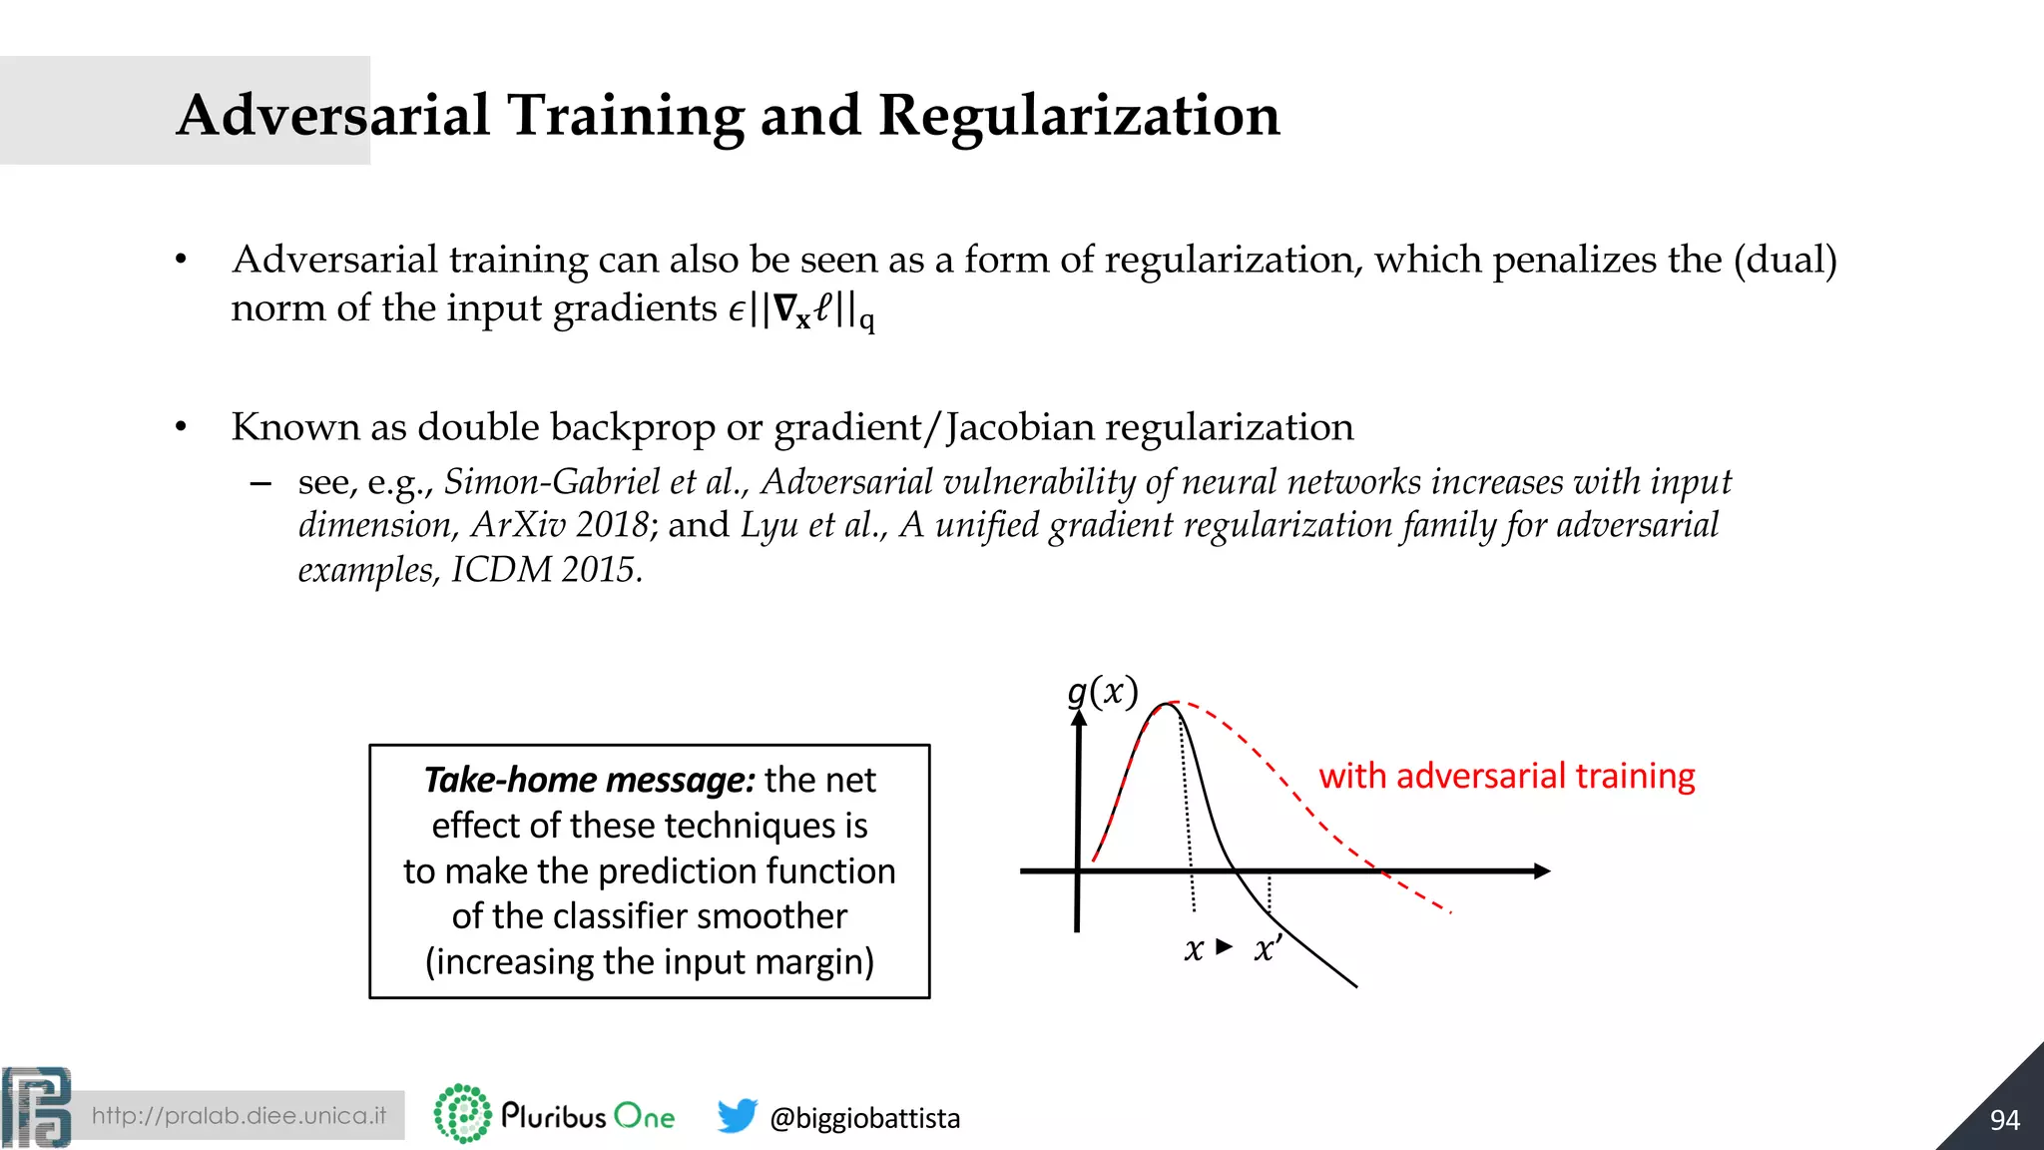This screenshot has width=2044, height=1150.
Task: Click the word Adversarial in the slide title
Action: point(333,116)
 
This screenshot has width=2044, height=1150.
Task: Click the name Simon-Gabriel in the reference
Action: point(551,482)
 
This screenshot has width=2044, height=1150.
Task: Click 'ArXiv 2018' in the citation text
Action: point(559,525)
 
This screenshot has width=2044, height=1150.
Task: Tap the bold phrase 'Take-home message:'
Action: point(589,780)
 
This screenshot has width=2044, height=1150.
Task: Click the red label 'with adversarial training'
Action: point(1506,776)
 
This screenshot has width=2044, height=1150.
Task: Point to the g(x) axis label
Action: point(1102,692)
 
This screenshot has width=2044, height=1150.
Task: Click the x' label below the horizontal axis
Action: point(1268,948)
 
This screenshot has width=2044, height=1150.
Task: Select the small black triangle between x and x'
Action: point(1225,946)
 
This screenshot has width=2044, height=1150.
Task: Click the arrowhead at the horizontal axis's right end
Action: point(1542,871)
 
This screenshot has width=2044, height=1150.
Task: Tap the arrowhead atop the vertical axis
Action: point(1079,719)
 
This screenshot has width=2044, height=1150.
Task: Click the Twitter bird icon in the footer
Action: point(737,1116)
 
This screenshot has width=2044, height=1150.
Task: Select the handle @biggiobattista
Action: point(864,1118)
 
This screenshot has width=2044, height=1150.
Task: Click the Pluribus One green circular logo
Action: point(462,1114)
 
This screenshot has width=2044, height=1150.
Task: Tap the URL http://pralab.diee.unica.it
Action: point(239,1116)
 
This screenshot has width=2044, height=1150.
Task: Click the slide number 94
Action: point(2004,1120)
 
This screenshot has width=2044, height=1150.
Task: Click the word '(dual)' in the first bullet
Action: point(1785,260)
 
